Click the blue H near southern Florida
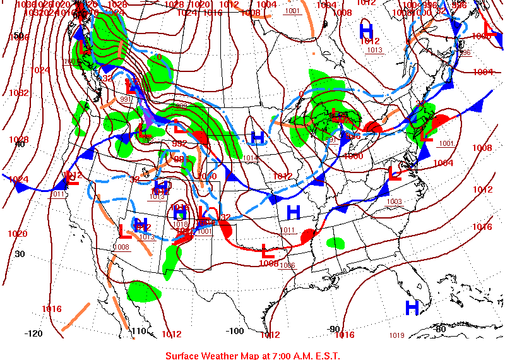(412, 308)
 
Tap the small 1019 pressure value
(396, 335)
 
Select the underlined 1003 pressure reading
(395, 201)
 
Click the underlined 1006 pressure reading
(287, 265)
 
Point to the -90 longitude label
(334, 329)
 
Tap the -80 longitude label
(440, 328)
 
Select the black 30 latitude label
(20, 254)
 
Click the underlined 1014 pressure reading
(251, 158)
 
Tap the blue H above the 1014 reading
(257, 137)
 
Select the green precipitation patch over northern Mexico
(144, 291)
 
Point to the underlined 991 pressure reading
(126, 99)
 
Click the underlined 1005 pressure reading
(71, 61)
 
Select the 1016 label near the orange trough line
(52, 309)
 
